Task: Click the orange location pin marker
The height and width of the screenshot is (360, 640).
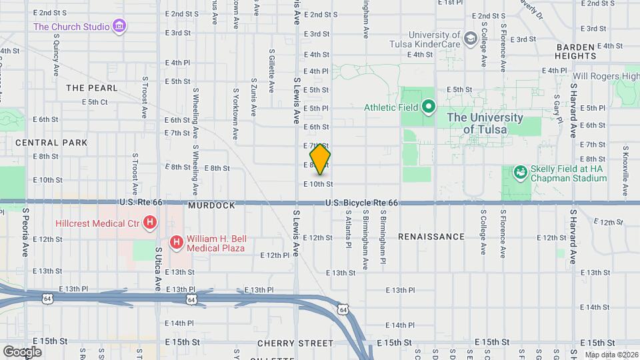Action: tap(321, 159)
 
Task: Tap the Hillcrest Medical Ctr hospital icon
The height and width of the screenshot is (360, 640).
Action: tap(151, 221)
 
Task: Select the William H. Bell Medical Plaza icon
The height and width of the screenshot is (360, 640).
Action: tap(177, 242)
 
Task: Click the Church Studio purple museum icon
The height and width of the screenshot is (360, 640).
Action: tap(120, 27)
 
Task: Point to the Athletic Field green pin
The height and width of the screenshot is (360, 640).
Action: tap(429, 107)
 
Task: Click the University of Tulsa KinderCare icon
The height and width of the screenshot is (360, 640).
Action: tap(471, 39)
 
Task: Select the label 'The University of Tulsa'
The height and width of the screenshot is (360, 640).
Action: tap(485, 123)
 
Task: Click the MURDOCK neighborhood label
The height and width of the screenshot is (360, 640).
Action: tap(211, 206)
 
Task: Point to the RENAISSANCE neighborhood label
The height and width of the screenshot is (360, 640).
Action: tap(431, 237)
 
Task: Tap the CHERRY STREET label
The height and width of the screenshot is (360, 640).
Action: tap(295, 343)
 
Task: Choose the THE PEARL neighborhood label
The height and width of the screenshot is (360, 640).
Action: tap(92, 88)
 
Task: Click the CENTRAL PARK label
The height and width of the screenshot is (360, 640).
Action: tap(51, 143)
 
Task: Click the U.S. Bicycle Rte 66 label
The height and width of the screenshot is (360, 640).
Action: tap(362, 203)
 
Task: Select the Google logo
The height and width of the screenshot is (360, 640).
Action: tap(22, 351)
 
